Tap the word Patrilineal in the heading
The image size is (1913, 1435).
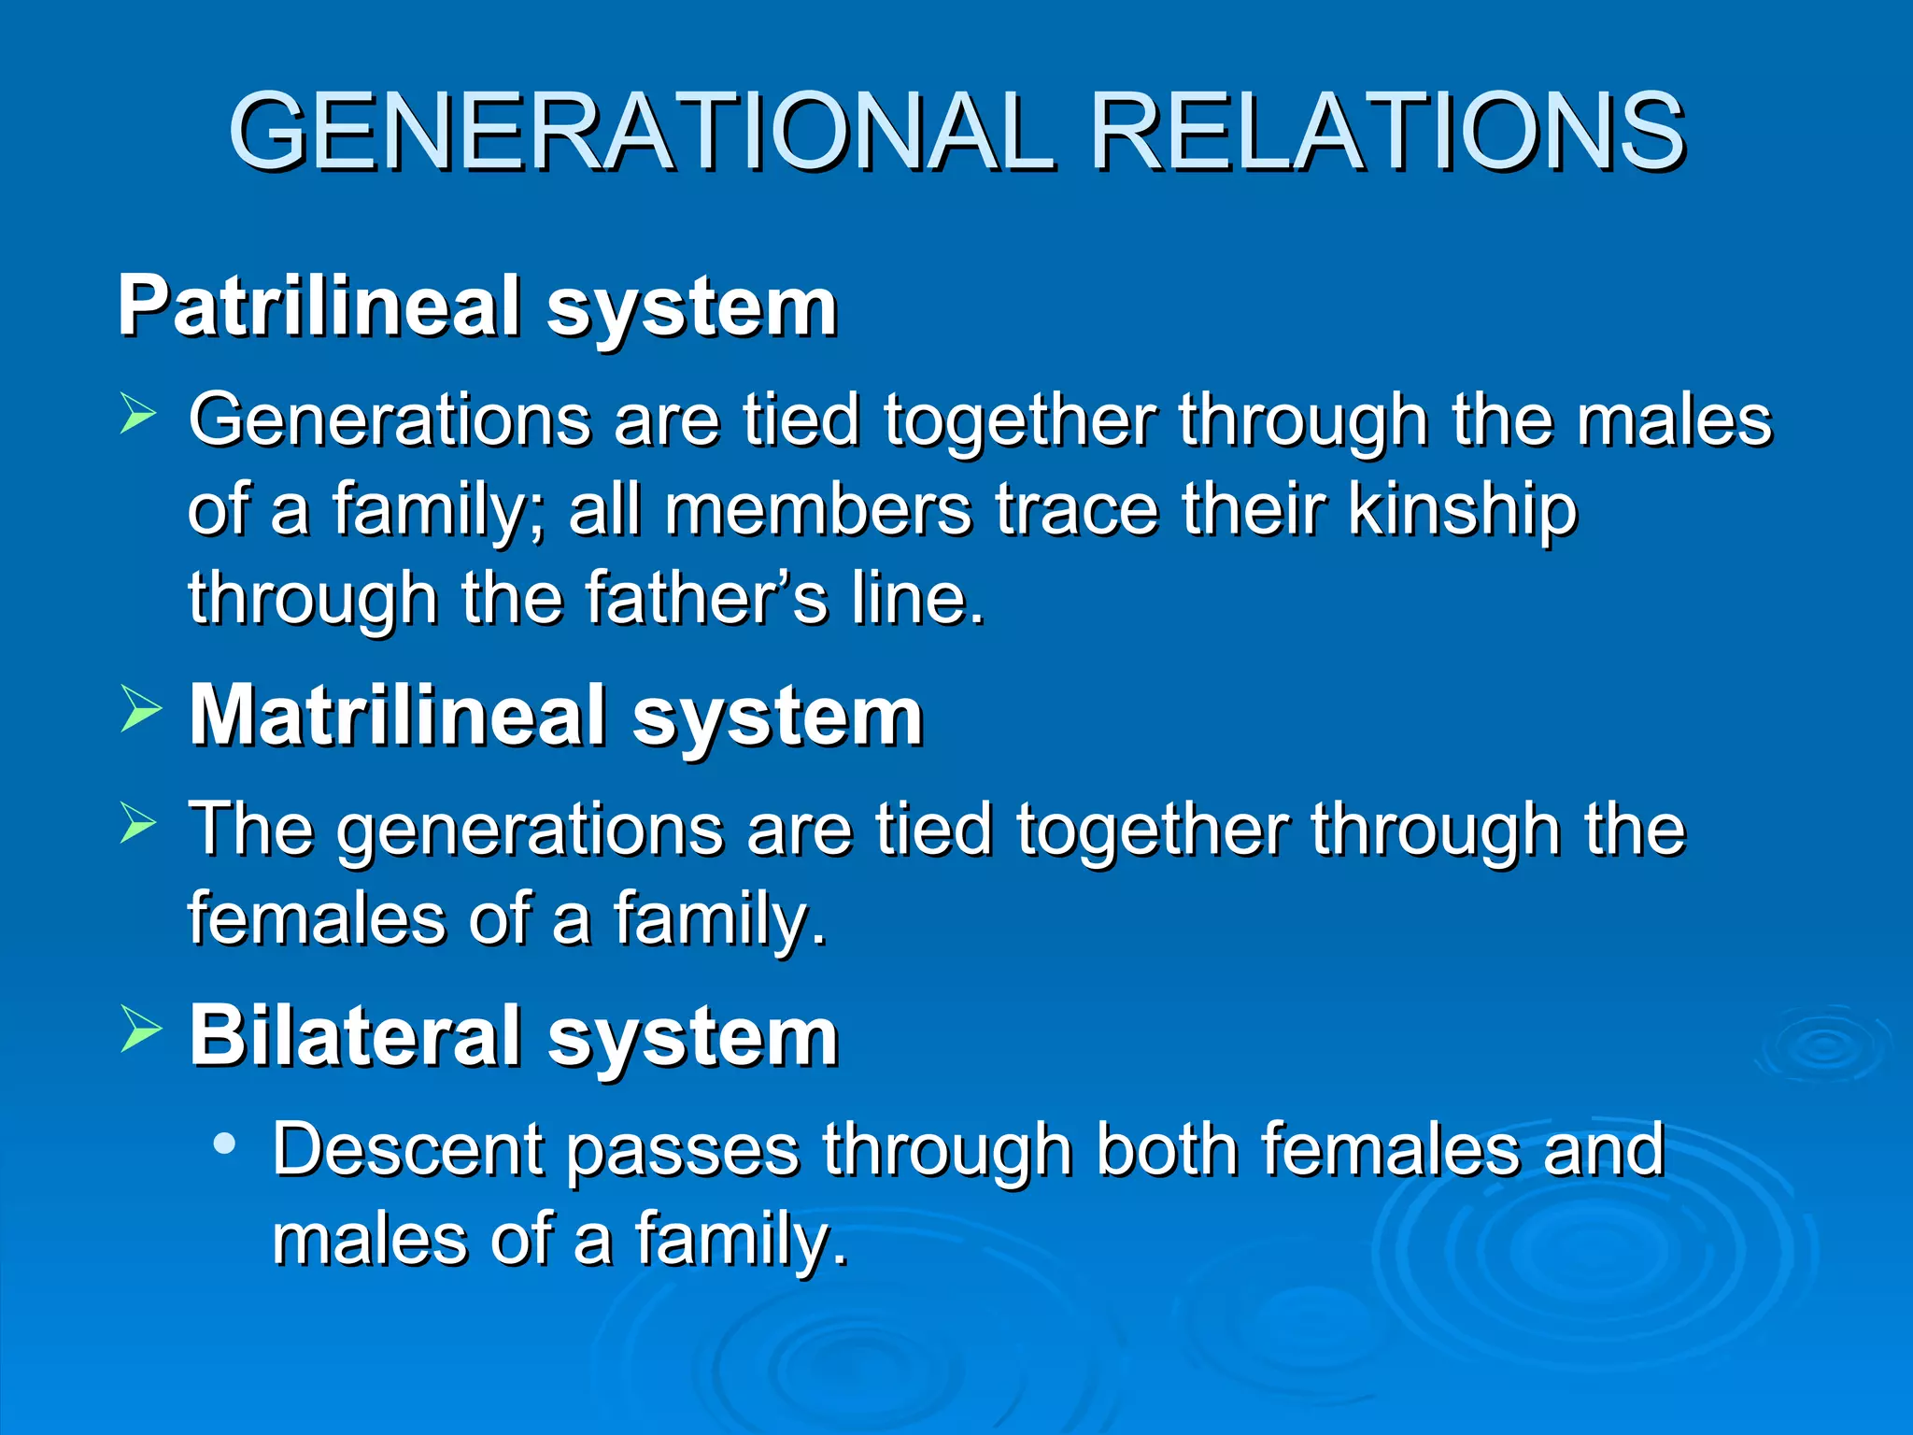(x=319, y=306)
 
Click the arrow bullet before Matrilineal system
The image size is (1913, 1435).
(x=139, y=709)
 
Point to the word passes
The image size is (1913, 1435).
(x=683, y=1151)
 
